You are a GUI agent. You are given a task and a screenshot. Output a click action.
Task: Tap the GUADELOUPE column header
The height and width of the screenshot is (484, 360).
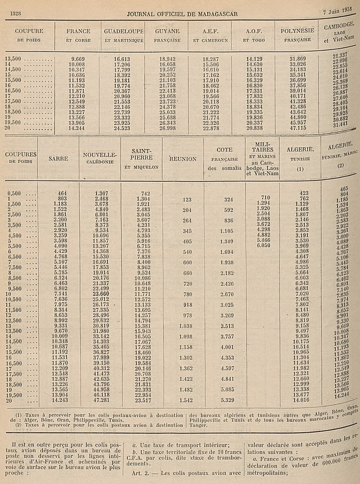[124, 31]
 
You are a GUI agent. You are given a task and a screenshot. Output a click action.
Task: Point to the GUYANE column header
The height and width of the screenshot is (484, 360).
[167, 31]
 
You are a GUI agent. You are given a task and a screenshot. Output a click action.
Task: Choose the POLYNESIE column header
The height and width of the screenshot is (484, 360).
[297, 31]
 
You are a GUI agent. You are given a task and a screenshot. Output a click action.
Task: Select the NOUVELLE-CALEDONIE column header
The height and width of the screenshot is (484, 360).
[100, 159]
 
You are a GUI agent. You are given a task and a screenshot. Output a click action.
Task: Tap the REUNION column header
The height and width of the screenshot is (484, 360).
[183, 159]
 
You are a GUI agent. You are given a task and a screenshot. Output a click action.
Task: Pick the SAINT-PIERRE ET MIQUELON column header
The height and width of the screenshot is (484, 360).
[141, 159]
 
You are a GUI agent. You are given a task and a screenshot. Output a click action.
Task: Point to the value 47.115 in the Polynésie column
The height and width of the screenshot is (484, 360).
[297, 128]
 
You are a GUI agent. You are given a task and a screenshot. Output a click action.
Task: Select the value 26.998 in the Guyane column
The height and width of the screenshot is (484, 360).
[168, 128]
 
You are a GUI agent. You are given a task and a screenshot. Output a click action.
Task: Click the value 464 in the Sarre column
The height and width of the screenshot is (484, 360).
[62, 193]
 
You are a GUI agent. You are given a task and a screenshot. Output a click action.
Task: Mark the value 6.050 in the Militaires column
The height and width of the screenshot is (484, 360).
[263, 245]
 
